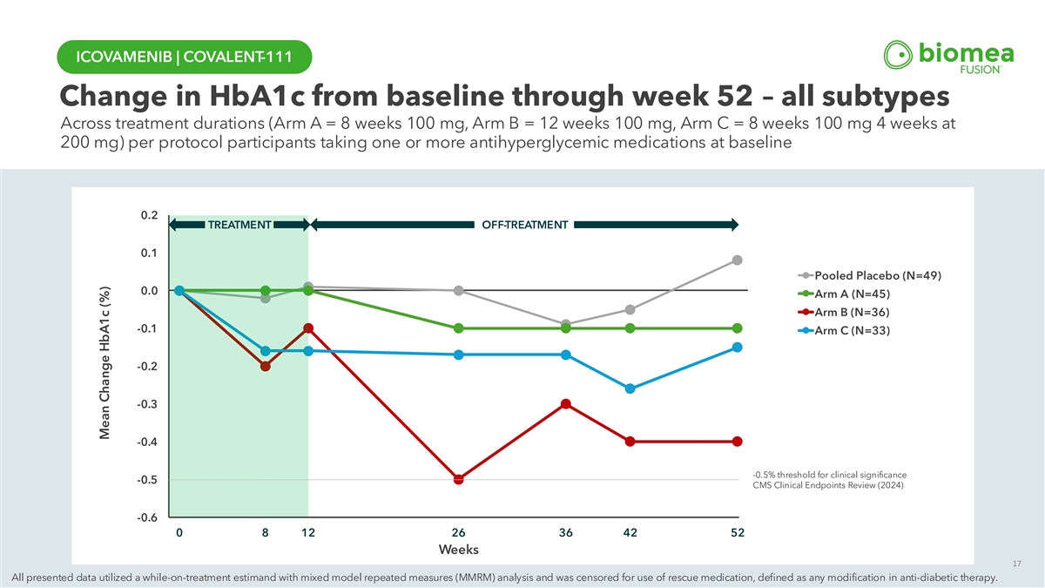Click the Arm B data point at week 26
[458, 479]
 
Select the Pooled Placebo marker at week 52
[738, 260]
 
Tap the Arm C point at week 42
[630, 389]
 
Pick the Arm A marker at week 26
[458, 328]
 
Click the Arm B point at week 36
[566, 404]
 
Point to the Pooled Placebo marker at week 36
[566, 324]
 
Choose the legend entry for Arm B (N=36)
[852, 312]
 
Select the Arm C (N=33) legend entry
[852, 330]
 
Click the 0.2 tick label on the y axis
[148, 215]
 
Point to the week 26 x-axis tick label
[458, 533]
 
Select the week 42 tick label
[630, 533]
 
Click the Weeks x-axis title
[458, 550]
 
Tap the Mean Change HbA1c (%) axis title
[105, 364]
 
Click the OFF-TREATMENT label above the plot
[525, 226]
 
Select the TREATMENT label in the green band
[239, 226]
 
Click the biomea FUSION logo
[947, 57]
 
